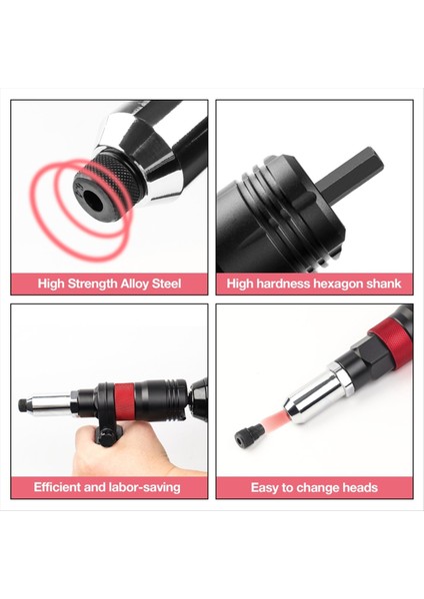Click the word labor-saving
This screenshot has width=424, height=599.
click(x=144, y=487)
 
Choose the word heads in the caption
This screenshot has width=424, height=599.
click(x=358, y=487)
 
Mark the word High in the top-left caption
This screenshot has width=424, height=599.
click(x=54, y=284)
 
